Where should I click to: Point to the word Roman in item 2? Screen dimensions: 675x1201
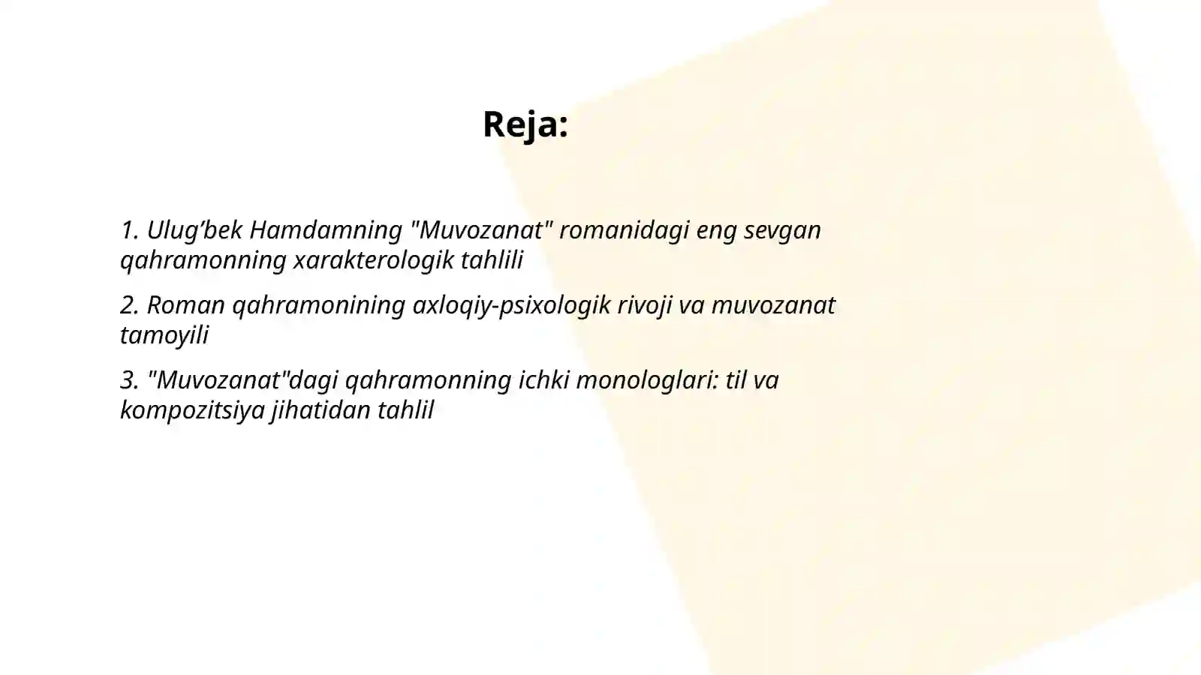coord(185,305)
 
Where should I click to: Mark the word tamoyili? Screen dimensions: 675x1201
coord(164,335)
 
